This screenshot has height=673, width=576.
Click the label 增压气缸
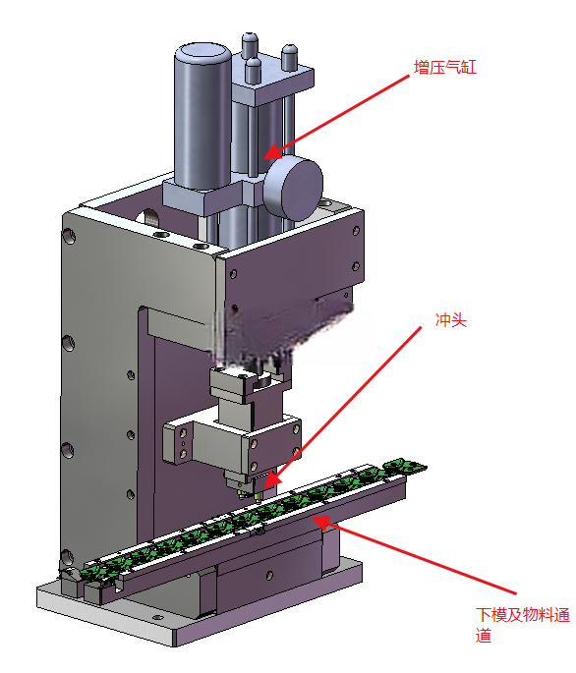[445, 68]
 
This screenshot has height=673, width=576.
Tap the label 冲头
[450, 319]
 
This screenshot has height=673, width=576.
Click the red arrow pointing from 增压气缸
[336, 117]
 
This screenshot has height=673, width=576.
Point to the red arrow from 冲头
[342, 407]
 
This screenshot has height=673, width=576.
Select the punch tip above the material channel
[259, 497]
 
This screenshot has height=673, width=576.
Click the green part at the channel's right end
[404, 466]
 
